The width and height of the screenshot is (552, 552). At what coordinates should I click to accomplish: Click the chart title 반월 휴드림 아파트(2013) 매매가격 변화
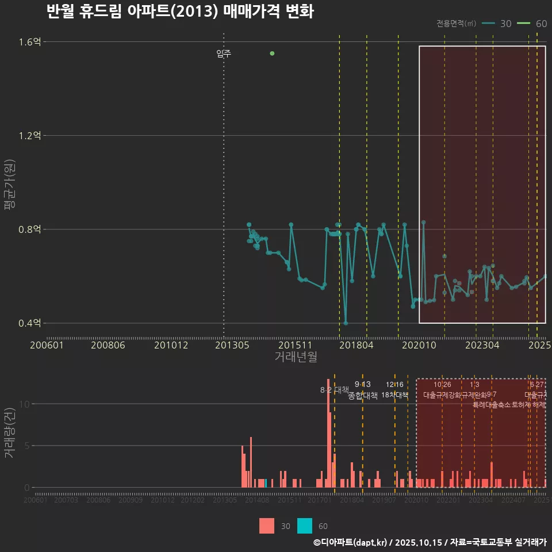(179, 11)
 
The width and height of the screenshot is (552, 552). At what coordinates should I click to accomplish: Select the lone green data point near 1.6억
(272, 53)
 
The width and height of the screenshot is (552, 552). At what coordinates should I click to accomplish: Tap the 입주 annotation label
(224, 53)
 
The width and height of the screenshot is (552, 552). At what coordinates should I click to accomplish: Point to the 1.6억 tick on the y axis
(29, 42)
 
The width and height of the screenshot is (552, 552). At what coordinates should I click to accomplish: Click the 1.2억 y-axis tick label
(29, 136)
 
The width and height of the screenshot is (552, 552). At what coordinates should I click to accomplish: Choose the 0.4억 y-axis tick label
(29, 323)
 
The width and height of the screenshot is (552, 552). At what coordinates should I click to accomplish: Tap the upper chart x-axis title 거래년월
(296, 357)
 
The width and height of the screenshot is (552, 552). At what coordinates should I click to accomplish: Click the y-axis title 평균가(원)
(9, 183)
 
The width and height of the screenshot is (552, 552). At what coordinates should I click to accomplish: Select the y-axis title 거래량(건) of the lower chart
(9, 434)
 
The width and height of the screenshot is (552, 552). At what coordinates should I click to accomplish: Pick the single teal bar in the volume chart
(266, 483)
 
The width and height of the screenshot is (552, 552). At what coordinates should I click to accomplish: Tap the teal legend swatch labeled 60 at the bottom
(305, 526)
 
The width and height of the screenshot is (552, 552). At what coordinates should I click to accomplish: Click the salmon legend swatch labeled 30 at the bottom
(267, 526)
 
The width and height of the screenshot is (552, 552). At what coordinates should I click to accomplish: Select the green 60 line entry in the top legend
(524, 24)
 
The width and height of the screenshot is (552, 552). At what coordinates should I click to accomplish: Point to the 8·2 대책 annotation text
(334, 389)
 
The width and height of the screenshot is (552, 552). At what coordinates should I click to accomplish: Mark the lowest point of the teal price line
(346, 323)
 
